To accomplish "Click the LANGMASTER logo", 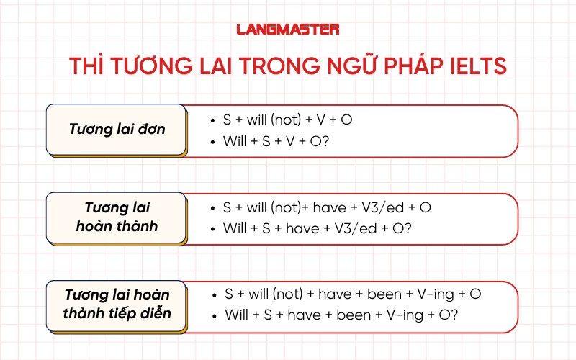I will coord(288,30).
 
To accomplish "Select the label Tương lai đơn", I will coord(117,130).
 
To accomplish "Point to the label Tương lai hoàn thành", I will coord(117,217).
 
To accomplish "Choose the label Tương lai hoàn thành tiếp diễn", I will coord(117,305).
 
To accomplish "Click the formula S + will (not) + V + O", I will coord(288,120).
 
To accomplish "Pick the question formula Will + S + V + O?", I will coord(276,141).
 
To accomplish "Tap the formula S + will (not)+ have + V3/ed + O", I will coord(327,207).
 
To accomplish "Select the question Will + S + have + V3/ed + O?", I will coord(317,229).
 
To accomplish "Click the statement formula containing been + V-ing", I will coord(352,294).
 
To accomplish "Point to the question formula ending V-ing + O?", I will coord(341,315).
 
